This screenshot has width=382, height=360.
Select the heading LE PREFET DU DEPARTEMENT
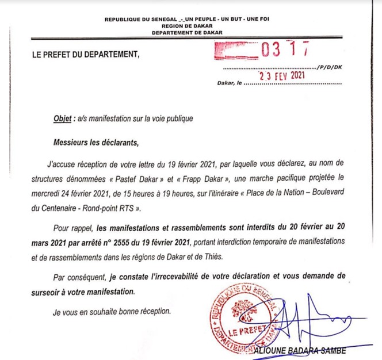point(86,56)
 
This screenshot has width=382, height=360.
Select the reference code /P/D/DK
point(330,67)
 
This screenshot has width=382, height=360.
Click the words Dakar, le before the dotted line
point(228,83)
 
